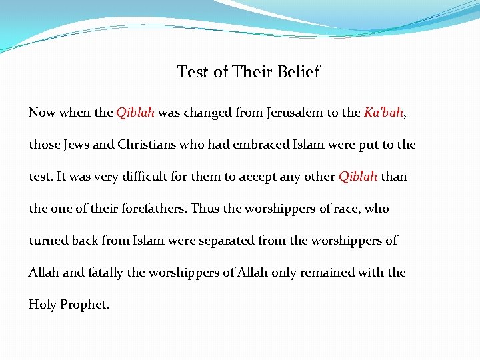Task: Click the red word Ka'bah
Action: click(383, 112)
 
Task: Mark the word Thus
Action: click(205, 209)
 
